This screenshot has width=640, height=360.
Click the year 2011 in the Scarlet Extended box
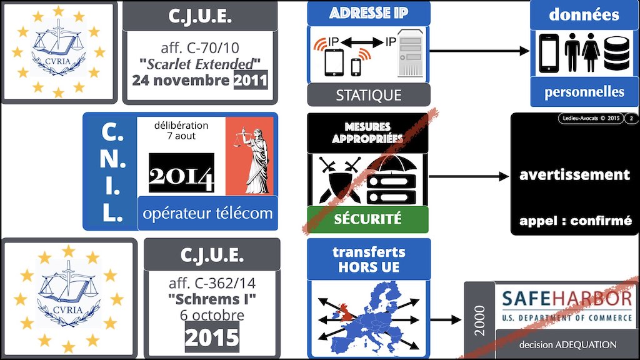[x=251, y=81]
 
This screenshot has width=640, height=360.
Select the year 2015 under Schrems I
[x=212, y=337]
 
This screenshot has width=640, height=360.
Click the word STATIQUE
[x=369, y=96]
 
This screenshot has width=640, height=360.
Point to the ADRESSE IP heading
[x=369, y=13]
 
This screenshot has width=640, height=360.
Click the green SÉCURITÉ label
[x=367, y=219]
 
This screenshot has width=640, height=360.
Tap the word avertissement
[x=574, y=175]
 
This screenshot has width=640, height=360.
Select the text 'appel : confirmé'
[x=575, y=221]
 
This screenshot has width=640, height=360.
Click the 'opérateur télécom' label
[x=208, y=213]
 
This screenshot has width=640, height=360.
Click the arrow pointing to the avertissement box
[x=469, y=177]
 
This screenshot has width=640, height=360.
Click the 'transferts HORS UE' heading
[x=369, y=259]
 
